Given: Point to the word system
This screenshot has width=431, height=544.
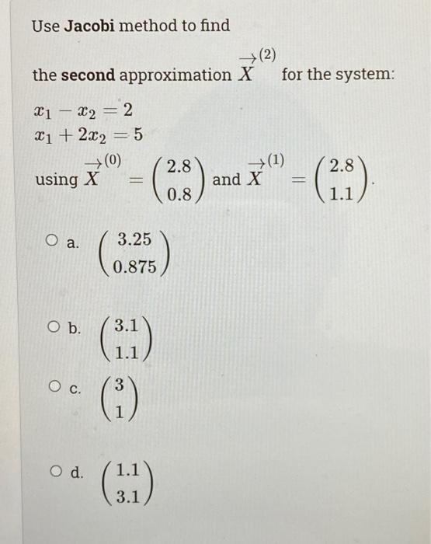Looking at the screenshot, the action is click(x=368, y=75).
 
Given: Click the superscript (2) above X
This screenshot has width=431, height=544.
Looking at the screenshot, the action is click(x=266, y=54).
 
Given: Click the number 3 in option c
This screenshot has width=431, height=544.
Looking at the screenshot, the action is click(x=119, y=384).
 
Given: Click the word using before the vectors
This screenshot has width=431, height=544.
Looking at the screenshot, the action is click(x=57, y=180).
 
